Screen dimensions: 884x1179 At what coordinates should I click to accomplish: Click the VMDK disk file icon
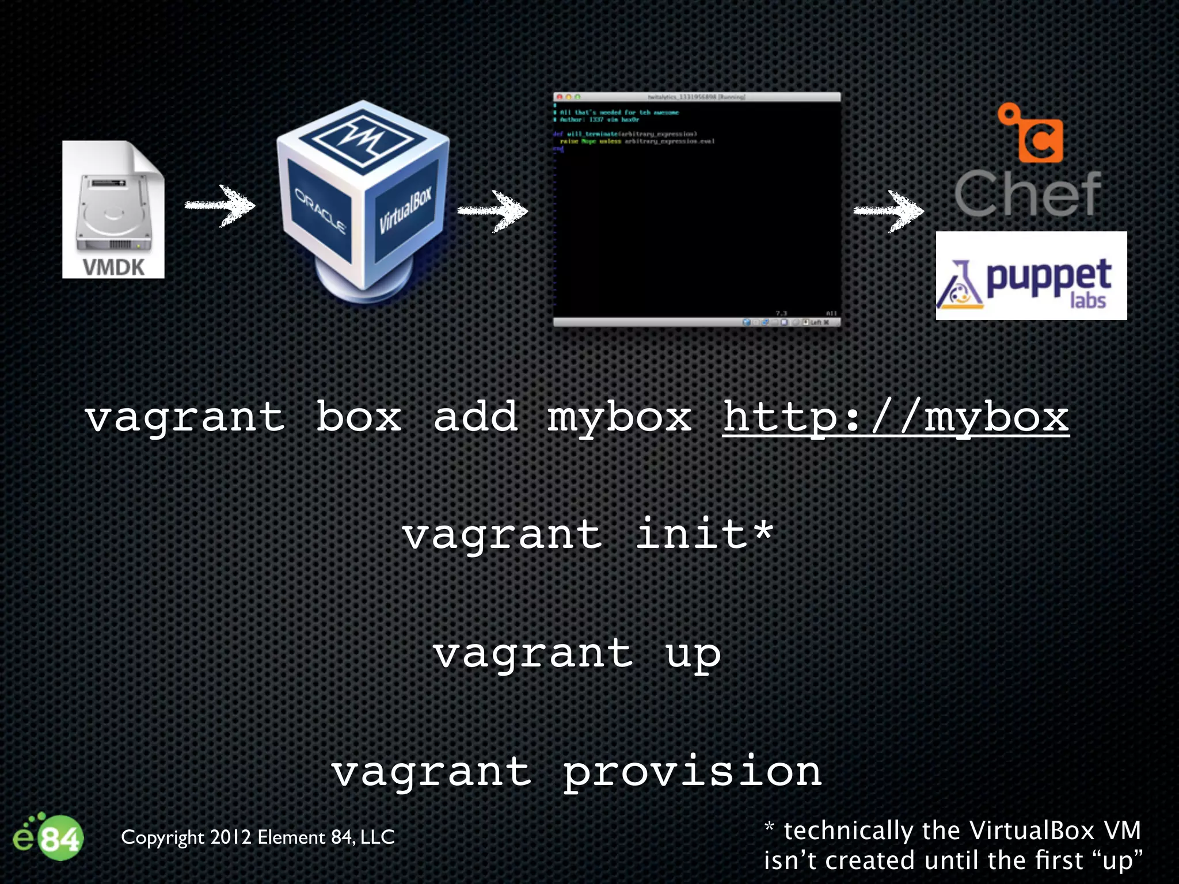pos(113,209)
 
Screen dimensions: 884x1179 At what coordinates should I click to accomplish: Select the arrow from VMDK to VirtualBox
pos(220,205)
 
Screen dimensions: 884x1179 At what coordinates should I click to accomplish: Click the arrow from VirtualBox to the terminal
pos(493,211)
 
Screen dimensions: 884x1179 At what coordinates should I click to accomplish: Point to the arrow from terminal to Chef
pos(889,211)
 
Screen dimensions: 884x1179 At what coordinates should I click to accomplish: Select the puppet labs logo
pos(1030,276)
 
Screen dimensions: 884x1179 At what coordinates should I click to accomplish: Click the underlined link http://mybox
pos(896,417)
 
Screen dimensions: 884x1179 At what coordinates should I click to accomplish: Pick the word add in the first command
pos(476,417)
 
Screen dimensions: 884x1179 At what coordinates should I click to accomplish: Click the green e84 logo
pos(48,837)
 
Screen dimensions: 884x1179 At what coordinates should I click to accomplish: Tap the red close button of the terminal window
pos(559,97)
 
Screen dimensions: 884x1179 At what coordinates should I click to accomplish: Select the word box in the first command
pos(359,417)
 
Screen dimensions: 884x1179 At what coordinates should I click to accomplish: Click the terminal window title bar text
pos(697,97)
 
